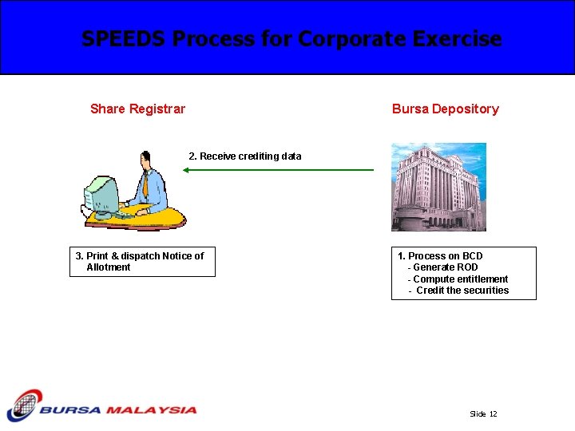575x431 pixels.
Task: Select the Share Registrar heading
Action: [137, 109]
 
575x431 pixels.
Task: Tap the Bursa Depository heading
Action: [445, 109]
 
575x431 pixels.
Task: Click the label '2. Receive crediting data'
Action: [244, 156]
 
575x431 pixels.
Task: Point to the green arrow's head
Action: [185, 170]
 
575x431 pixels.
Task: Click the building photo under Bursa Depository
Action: [438, 187]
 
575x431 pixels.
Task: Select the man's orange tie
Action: [146, 186]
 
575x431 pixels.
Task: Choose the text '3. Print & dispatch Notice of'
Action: [140, 256]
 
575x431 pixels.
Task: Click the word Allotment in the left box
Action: [108, 267]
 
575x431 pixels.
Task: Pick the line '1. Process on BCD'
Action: [440, 256]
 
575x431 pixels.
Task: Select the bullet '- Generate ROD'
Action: [443, 267]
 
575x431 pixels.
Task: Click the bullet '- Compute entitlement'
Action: [458, 279]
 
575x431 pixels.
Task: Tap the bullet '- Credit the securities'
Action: [458, 291]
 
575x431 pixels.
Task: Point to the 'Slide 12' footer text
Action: [483, 414]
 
